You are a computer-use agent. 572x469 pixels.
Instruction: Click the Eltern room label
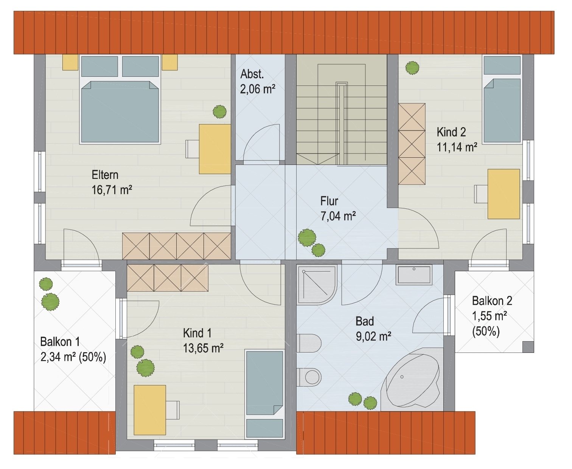click(105, 175)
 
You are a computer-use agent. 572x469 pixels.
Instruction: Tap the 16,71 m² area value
click(112, 190)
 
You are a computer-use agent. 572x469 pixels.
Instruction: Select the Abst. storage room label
click(252, 74)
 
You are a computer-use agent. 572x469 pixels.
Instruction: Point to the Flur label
click(329, 201)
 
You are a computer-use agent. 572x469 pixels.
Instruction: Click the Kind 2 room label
click(451, 132)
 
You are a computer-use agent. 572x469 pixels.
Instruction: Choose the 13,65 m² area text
click(203, 348)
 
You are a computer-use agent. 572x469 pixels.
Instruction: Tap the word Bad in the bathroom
click(365, 321)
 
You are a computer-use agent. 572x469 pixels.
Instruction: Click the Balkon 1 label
click(60, 342)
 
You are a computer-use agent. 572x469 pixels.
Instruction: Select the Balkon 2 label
click(492, 301)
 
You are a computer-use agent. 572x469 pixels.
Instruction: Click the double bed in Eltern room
click(120, 100)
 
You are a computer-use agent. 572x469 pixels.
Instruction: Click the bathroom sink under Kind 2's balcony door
click(413, 275)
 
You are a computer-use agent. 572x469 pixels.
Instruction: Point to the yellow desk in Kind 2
click(504, 194)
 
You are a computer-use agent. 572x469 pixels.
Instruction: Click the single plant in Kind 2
click(412, 67)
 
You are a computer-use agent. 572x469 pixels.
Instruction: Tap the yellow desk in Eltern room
click(215, 149)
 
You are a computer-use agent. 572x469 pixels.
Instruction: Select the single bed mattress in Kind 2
click(502, 110)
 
